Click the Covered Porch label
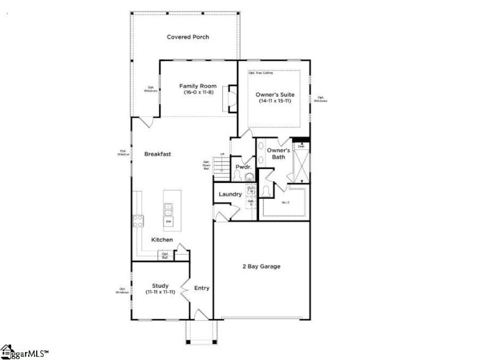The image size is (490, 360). [188, 37]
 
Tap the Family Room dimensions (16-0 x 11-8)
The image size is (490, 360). [196, 92]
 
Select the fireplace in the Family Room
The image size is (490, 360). [232, 99]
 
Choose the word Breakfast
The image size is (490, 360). [157, 154]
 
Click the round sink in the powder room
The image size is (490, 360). [249, 178]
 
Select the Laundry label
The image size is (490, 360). [230, 195]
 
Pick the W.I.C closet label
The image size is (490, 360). [285, 203]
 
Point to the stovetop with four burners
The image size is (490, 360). [137, 220]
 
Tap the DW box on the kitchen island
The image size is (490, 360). [168, 220]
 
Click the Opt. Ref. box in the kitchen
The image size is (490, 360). [165, 255]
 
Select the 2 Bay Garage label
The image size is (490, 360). [262, 266]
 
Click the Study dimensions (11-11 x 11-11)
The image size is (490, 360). [160, 293]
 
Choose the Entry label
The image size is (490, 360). [202, 288]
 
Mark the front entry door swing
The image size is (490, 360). [200, 315]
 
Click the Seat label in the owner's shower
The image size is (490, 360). [301, 147]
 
